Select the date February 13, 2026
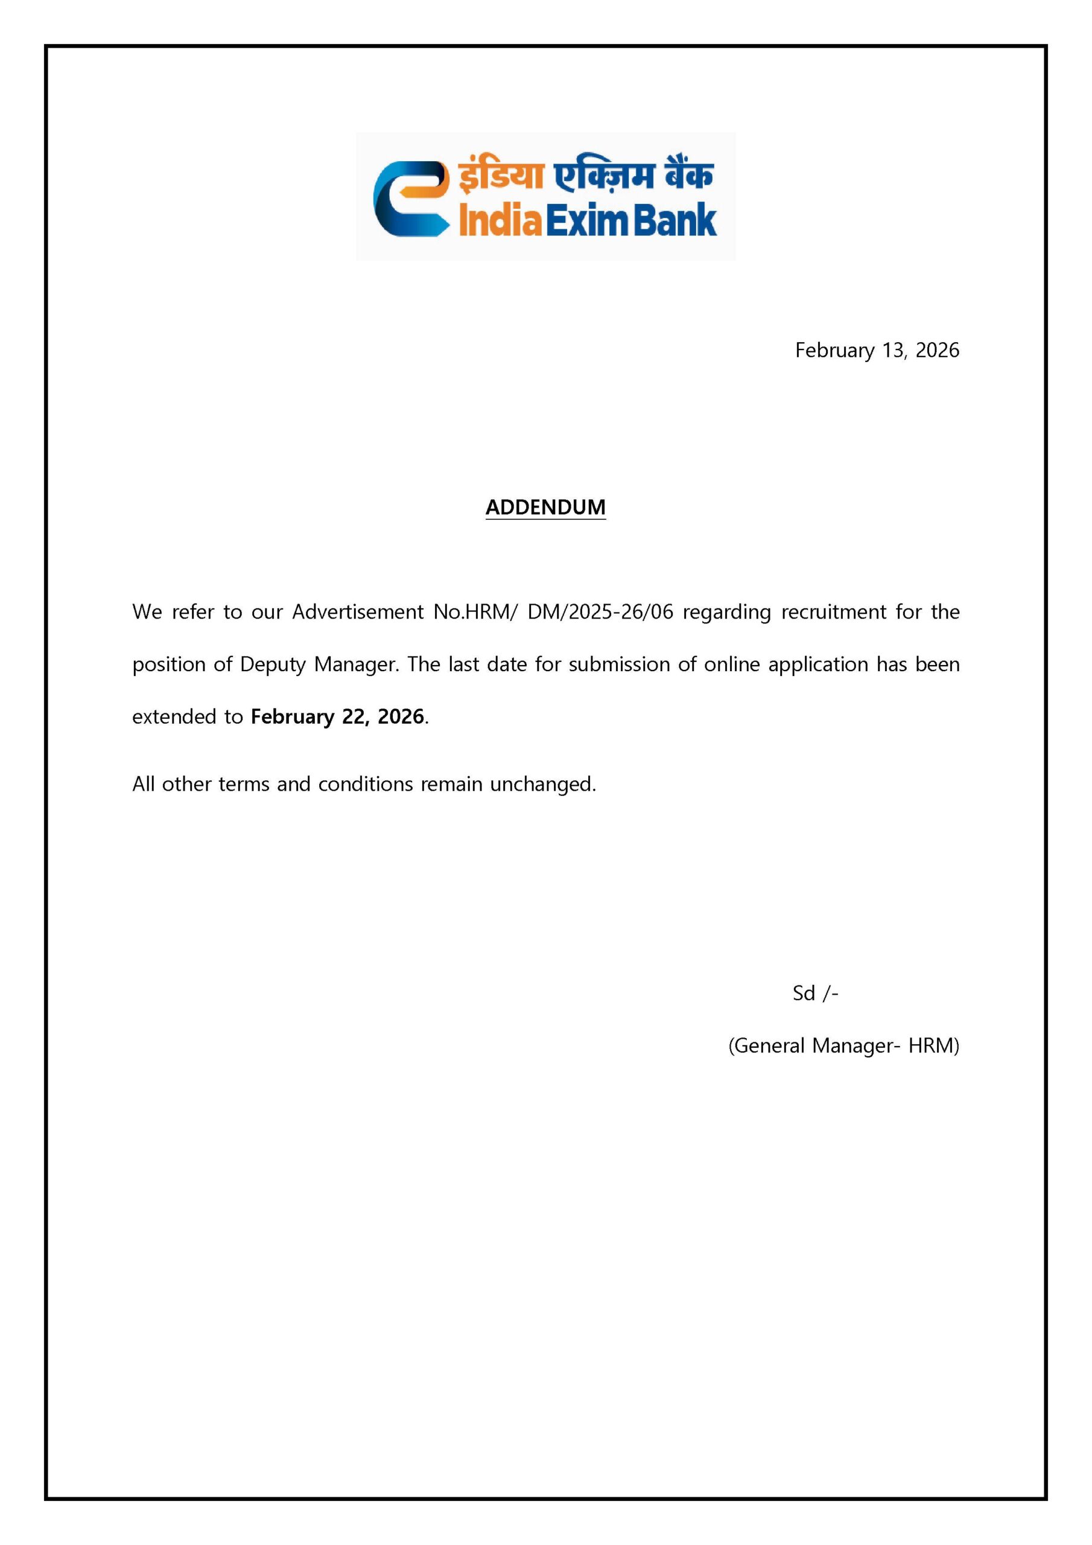(x=877, y=350)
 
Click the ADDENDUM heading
(x=545, y=507)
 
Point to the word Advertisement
(x=357, y=612)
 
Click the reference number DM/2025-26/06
(x=600, y=612)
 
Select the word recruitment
(x=834, y=612)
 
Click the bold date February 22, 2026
(x=337, y=716)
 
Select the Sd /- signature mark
(x=815, y=993)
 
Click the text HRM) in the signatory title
(x=933, y=1046)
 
